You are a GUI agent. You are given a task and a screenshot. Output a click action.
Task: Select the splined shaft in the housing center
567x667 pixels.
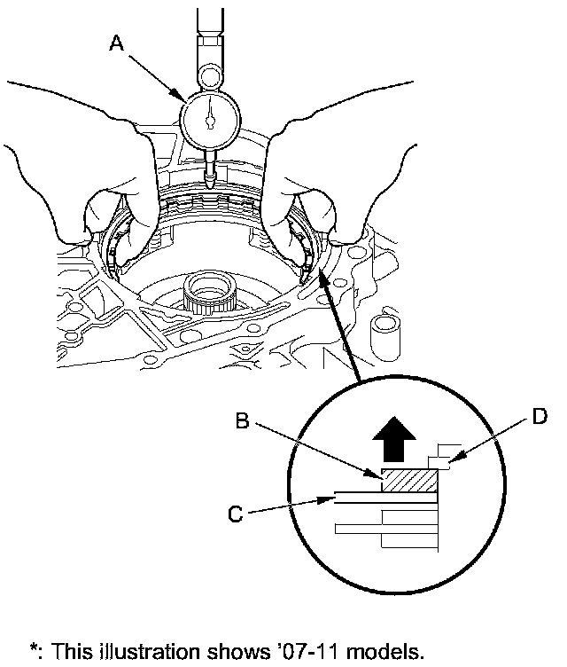point(208,292)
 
